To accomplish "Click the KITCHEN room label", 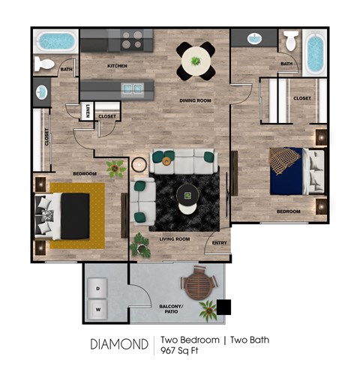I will [117, 66].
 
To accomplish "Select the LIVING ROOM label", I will [175, 239].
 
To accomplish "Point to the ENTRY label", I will [219, 243].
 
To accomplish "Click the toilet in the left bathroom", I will [45, 65].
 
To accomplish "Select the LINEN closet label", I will [88, 112].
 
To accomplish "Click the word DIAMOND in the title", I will [119, 345].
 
